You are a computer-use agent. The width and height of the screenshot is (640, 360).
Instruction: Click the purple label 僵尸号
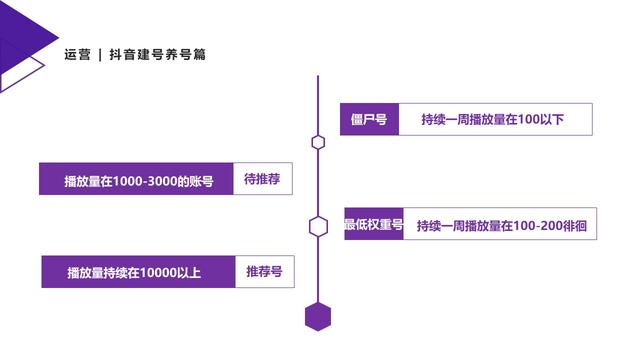[x=369, y=120]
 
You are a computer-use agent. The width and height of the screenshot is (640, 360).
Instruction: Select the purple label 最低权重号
[x=373, y=225]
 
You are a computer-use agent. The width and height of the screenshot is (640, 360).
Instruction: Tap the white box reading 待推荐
[x=263, y=179]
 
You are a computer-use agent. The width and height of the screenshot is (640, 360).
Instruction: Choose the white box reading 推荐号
[x=264, y=271]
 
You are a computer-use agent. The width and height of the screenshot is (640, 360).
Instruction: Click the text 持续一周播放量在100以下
[x=493, y=120]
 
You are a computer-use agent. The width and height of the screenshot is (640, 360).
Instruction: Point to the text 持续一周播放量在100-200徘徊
[x=501, y=226]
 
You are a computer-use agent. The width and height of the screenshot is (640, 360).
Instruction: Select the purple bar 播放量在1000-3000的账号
[x=137, y=181]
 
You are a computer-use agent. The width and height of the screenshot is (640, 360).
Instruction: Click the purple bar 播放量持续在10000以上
[x=139, y=272]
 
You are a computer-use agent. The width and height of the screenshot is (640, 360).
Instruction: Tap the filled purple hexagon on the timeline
[x=317, y=315]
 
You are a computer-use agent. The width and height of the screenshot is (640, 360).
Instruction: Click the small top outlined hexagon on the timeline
[x=318, y=142]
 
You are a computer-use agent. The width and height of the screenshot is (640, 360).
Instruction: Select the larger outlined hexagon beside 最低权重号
[x=318, y=226]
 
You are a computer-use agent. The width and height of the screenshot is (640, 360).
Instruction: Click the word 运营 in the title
[x=77, y=55]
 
